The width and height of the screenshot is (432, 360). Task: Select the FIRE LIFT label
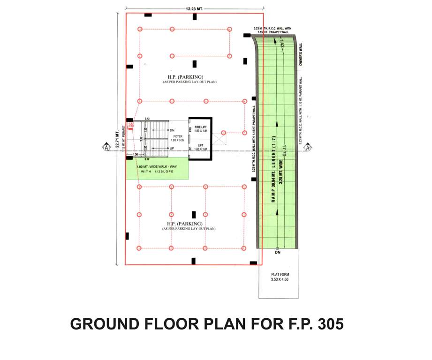[x=201, y=127]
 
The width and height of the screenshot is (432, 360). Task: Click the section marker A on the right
[x=308, y=148]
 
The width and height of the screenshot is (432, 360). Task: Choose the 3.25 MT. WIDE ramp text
[x=280, y=171]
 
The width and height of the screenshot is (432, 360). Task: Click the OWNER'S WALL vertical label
[x=302, y=54]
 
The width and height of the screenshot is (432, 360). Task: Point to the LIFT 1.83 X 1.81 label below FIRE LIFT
[x=201, y=147]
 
